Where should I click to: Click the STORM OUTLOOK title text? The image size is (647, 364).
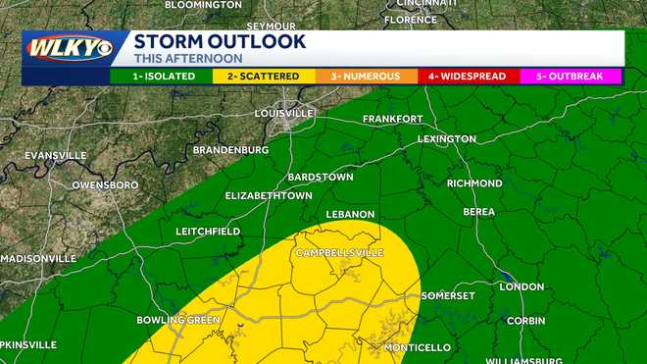click(220, 42)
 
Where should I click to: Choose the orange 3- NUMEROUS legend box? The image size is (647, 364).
click(366, 76)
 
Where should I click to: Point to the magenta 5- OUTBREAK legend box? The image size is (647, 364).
click(571, 76)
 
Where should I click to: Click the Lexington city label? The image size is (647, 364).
click(446, 139)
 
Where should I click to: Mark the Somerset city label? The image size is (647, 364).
click(448, 295)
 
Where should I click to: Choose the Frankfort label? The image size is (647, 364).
click(393, 119)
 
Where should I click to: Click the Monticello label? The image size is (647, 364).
click(417, 347)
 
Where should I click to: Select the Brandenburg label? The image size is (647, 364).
click(230, 149)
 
